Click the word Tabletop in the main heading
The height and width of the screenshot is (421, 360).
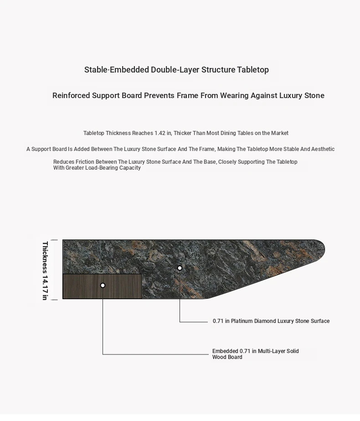[253, 70]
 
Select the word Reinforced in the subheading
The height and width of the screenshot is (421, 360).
[71, 95]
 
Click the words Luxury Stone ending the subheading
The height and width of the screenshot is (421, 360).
[302, 95]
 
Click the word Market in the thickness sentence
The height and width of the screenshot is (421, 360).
[280, 133]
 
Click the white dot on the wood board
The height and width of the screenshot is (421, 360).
[103, 285]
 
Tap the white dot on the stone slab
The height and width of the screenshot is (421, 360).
[180, 268]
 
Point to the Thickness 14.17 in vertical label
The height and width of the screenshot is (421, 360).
[45, 270]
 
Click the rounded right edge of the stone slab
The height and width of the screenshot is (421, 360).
[321, 249]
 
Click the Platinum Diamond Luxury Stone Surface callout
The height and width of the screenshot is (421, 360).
[271, 321]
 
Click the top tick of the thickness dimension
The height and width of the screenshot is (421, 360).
[54, 240]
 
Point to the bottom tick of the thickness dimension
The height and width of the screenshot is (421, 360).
[54, 300]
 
